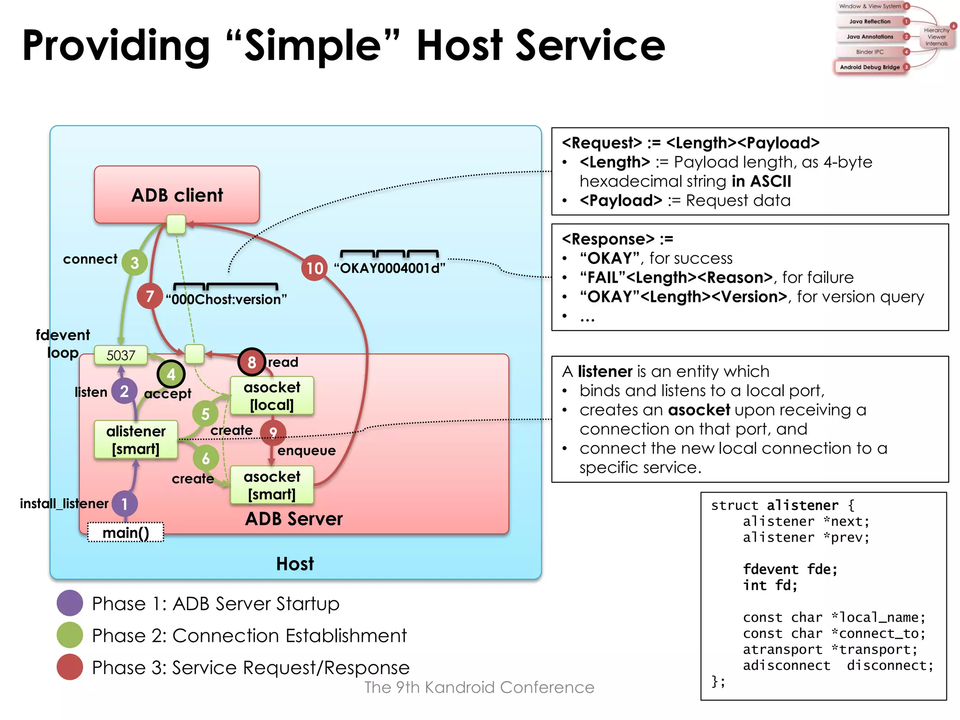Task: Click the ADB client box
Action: [x=177, y=195]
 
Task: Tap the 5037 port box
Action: [x=120, y=355]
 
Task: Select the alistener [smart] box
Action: [x=135, y=440]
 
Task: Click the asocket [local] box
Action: [x=272, y=396]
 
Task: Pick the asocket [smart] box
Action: [x=272, y=485]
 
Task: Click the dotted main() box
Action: [x=126, y=532]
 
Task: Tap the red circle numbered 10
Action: [x=315, y=268]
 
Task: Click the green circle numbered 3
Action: [x=135, y=262]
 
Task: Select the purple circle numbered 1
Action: [x=125, y=504]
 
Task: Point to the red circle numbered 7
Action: [x=150, y=296]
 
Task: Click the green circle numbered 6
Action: [x=205, y=458]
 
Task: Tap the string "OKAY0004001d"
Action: [x=389, y=268]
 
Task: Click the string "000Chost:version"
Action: [x=226, y=299]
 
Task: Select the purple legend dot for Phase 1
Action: [x=70, y=603]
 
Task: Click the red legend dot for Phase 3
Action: [x=70, y=667]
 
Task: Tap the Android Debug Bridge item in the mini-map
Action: [x=870, y=67]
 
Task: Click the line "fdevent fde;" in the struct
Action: [x=790, y=569]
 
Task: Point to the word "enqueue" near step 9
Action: [x=307, y=450]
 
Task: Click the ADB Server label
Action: [x=294, y=518]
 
